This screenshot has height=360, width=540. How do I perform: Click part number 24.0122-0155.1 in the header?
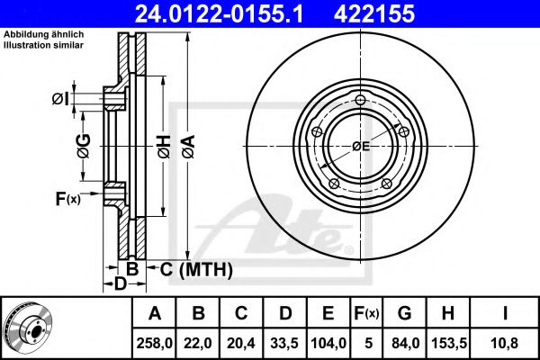click(x=219, y=14)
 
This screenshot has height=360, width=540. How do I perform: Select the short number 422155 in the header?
click(x=374, y=14)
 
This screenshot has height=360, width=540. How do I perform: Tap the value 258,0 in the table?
click(x=154, y=343)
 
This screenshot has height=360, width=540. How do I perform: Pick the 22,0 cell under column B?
click(x=198, y=343)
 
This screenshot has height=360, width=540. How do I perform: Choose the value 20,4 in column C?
click(x=241, y=343)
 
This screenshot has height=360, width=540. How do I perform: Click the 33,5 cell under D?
click(x=284, y=343)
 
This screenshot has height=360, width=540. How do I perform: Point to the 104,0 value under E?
click(x=328, y=343)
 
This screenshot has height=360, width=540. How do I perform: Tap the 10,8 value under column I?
click(x=505, y=343)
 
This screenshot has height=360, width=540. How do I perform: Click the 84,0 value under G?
click(x=405, y=343)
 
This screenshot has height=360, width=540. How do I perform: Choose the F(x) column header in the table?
click(x=366, y=313)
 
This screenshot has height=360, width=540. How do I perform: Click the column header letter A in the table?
click(x=155, y=313)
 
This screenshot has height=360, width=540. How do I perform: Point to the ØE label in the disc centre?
click(x=361, y=147)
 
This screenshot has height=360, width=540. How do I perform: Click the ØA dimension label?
click(x=189, y=147)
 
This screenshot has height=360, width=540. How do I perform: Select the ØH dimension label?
click(x=165, y=147)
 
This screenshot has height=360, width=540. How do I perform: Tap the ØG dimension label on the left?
click(x=84, y=146)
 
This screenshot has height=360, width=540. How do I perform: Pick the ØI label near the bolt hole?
click(x=60, y=99)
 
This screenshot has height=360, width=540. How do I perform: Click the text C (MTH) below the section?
click(x=196, y=269)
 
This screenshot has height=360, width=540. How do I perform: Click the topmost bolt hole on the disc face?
click(x=360, y=100)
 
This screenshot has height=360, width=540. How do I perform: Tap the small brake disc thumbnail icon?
click(x=29, y=327)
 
